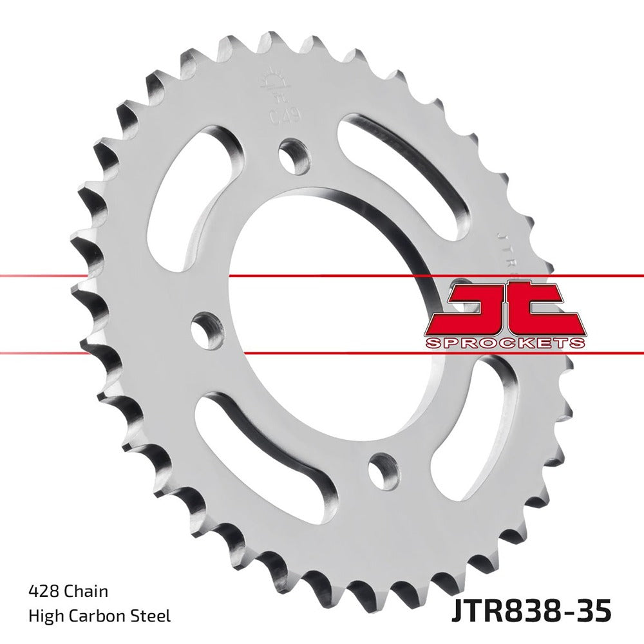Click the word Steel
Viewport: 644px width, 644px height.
[x=153, y=616]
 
